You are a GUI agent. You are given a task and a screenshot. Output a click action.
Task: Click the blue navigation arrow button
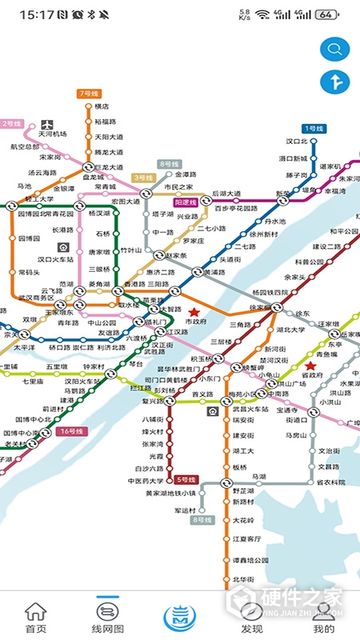pos(331,81)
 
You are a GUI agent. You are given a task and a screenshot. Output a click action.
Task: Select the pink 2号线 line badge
pos(12,124)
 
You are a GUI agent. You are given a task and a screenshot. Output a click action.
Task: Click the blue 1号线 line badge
pos(313,129)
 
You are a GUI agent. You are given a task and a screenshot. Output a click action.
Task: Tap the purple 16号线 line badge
pos(70,431)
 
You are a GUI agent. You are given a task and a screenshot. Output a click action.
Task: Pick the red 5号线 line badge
pos(186,479)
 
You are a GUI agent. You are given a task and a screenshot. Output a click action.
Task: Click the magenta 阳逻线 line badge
pos(186,181)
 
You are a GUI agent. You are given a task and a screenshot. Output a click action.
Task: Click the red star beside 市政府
pos(194,311)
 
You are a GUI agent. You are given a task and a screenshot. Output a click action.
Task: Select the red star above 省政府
pos(310,365)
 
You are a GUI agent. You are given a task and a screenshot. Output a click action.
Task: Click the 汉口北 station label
pos(298,142)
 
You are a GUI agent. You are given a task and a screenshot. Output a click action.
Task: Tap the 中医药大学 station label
pos(146,481)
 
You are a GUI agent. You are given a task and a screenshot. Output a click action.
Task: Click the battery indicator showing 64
pos(326,14)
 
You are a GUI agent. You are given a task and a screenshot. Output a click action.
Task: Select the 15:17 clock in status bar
pos(36,14)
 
